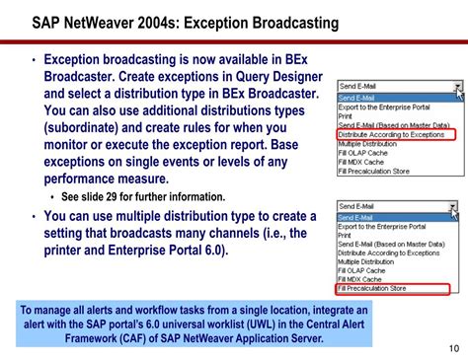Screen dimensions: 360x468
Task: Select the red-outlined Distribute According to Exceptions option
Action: (x=392, y=135)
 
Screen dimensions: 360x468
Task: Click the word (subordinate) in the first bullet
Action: (x=90, y=127)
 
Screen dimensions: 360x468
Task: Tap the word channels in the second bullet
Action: (x=231, y=233)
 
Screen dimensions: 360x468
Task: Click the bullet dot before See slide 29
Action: (x=51, y=197)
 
